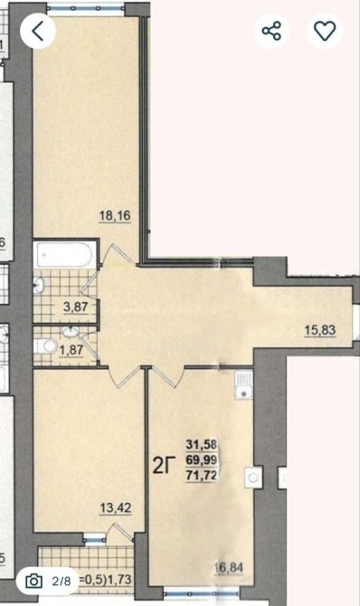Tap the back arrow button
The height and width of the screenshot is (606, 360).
pyautogui.click(x=38, y=31)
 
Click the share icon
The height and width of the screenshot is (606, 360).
pyautogui.click(x=271, y=31)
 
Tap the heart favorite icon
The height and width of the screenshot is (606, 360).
pyautogui.click(x=325, y=31)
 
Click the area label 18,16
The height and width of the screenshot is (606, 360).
pyautogui.click(x=115, y=215)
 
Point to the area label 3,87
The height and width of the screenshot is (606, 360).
pyautogui.click(x=76, y=308)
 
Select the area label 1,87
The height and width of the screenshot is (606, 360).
pyautogui.click(x=71, y=350)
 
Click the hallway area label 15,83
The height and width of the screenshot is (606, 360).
pyautogui.click(x=320, y=330)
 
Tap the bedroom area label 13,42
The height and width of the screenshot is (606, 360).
pyautogui.click(x=116, y=508)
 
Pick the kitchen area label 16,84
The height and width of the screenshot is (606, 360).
pyautogui.click(x=228, y=568)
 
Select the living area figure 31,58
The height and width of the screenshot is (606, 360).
pyautogui.click(x=201, y=444)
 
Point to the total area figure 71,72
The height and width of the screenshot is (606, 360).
pyautogui.click(x=201, y=476)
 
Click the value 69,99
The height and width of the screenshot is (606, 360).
pyautogui.click(x=201, y=459)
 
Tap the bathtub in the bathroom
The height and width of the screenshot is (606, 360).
pyautogui.click(x=64, y=255)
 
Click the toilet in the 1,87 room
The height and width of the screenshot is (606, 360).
pyautogui.click(x=45, y=346)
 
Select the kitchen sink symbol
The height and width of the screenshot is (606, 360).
pyautogui.click(x=243, y=385)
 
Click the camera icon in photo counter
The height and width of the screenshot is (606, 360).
pyautogui.click(x=33, y=581)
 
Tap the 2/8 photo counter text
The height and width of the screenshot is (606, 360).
pyautogui.click(x=62, y=581)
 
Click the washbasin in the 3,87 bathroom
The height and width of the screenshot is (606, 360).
pyautogui.click(x=39, y=285)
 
